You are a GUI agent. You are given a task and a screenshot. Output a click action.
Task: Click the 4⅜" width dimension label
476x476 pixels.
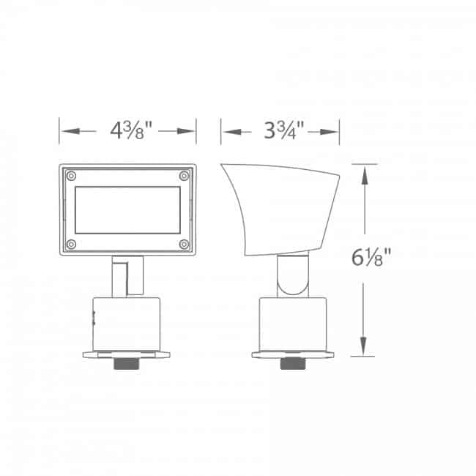(x=131, y=130)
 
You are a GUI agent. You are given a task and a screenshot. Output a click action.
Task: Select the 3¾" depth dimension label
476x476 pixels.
(x=284, y=130)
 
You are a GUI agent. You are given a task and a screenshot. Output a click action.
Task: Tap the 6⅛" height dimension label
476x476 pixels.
(x=371, y=258)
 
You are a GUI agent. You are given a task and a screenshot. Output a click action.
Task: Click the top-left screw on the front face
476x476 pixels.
(x=71, y=176)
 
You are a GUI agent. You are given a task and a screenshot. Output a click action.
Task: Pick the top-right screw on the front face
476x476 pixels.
(x=184, y=176)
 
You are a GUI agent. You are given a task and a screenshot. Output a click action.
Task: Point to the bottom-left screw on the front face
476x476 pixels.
(x=71, y=244)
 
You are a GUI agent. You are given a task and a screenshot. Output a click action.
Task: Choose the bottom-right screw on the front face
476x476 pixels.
(x=184, y=244)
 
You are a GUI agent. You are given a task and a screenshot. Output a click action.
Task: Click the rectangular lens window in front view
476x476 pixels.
(x=128, y=210)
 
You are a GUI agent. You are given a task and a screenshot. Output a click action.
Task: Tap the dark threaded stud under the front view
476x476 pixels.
(x=127, y=363)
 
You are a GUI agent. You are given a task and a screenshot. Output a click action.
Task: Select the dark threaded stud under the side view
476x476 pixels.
(x=293, y=363)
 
